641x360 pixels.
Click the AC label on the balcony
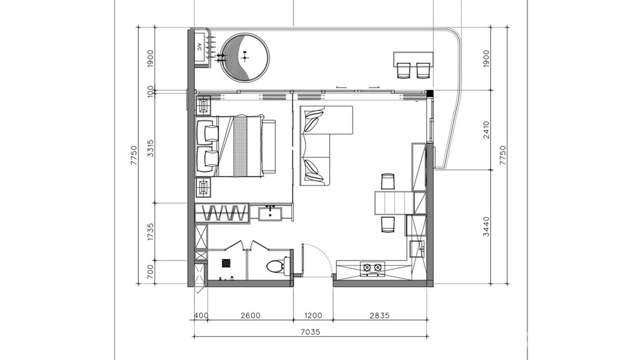[199, 47]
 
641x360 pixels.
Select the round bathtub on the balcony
[245, 58]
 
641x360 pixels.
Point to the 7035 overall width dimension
[310, 331]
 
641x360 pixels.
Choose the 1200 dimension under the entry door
[313, 315]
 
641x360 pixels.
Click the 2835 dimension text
[380, 315]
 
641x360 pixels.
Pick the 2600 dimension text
[250, 315]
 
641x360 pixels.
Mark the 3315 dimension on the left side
[151, 148]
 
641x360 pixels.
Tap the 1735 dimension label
[151, 231]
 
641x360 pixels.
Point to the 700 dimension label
[151, 272]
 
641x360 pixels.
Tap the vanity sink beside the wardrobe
[271, 212]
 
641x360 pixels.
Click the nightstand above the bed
[203, 105]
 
